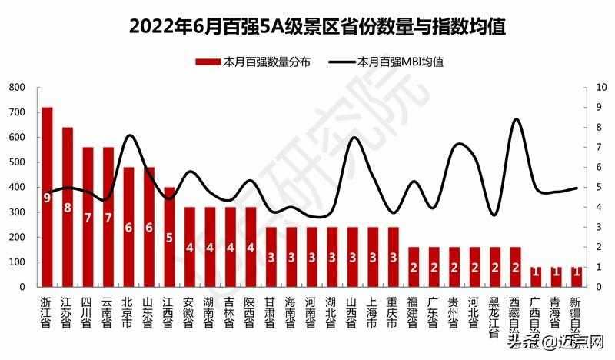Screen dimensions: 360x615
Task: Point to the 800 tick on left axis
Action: click(17, 88)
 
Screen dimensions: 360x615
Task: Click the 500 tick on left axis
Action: click(17, 162)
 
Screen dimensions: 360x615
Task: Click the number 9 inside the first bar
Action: click(48, 198)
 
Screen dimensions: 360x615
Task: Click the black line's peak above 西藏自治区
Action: click(516, 119)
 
